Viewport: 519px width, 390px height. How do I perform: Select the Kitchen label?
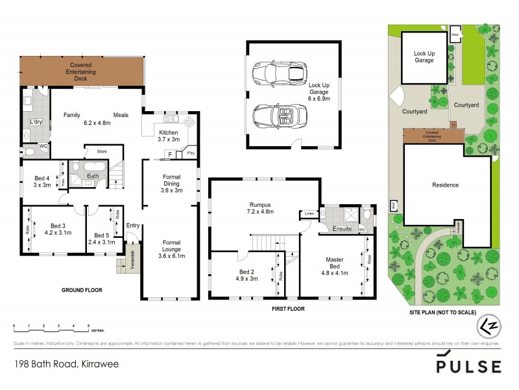(169, 133)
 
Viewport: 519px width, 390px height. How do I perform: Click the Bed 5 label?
(101, 235)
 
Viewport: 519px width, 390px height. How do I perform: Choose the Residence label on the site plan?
(446, 185)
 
